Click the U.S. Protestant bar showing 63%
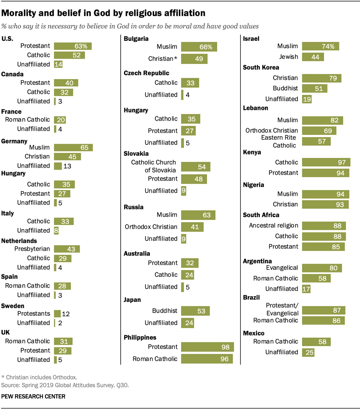73,46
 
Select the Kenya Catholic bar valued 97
326,162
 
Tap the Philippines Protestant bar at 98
207,347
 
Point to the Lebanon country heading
255,108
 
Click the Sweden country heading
13,306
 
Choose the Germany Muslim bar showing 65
73,147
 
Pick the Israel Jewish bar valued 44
313,57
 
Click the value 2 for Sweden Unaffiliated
60,323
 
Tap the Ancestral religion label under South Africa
273,226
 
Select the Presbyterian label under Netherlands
32,249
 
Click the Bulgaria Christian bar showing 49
194,59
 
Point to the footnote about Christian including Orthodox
39,378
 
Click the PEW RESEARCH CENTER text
33,396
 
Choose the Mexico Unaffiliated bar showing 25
308,352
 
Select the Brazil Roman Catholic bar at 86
323,321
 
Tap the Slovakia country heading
136,154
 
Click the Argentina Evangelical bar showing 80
322,268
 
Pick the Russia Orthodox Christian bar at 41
192,227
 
